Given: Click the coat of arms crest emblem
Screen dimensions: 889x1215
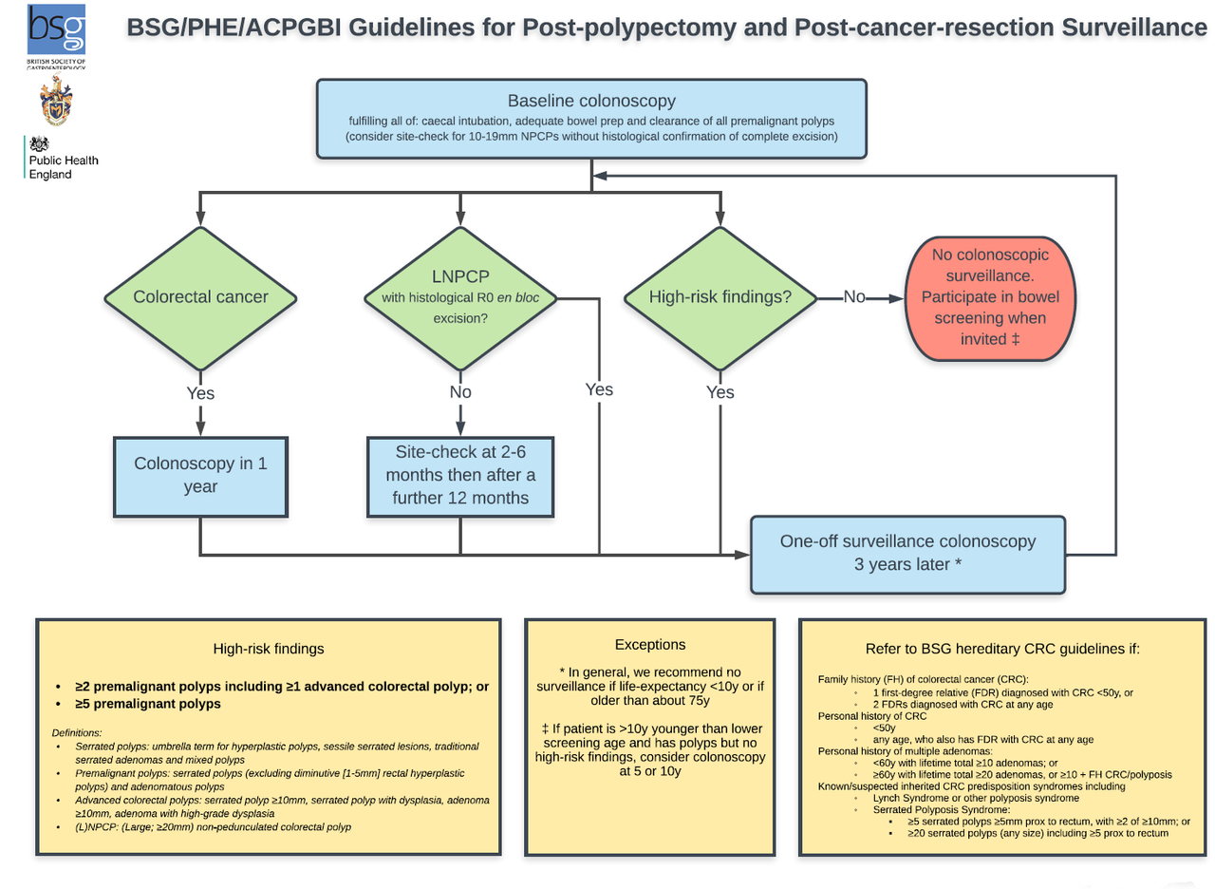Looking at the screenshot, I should [x=56, y=103].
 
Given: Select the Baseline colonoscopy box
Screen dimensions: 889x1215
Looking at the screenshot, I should [x=591, y=118].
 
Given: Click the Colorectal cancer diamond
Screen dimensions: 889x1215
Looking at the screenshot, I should [x=200, y=296].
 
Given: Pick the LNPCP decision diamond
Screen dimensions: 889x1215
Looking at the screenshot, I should [x=460, y=297].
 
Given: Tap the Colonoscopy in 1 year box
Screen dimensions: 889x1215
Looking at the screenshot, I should [x=200, y=475].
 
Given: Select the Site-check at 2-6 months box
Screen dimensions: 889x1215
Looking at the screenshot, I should [x=460, y=476].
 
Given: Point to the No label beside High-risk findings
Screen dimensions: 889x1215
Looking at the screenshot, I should [x=854, y=297].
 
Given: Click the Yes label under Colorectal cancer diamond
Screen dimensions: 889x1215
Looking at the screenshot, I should [x=200, y=392].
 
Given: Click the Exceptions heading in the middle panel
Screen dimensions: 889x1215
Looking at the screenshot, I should [x=650, y=645].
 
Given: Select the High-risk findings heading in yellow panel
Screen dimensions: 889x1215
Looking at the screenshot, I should [x=269, y=649].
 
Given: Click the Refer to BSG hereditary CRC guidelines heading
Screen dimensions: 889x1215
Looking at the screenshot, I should [x=1001, y=649].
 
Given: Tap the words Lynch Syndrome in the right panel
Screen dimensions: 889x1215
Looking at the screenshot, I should [x=912, y=799].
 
